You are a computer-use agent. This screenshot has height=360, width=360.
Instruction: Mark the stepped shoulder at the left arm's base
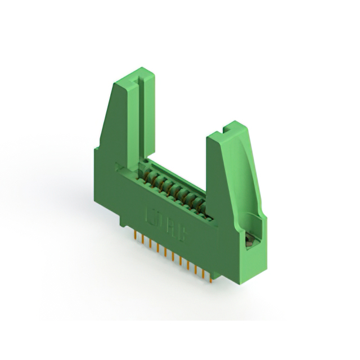pyautogui.click(x=97, y=148)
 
